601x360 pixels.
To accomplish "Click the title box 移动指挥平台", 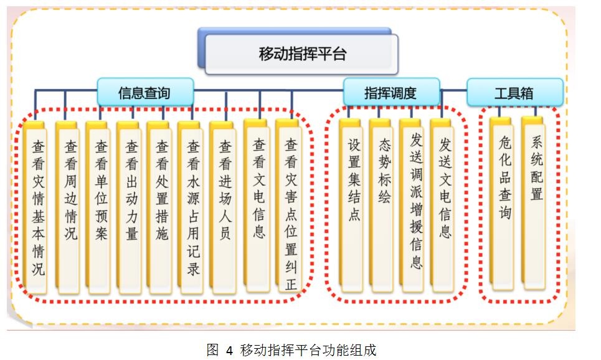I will tap(301, 54).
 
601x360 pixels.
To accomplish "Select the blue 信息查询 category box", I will tap(144, 93).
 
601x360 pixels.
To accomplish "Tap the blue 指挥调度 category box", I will tap(390, 93).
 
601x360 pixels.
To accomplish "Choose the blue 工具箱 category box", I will tap(514, 93).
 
